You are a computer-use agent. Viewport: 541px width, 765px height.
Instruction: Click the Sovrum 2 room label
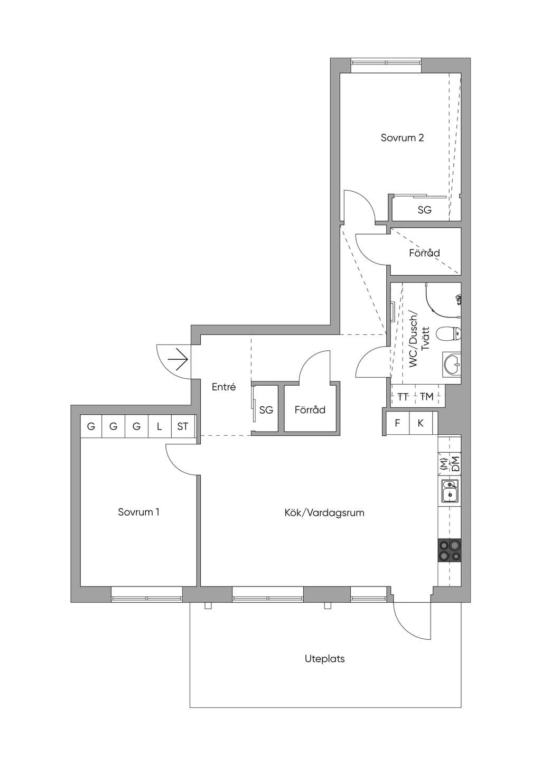[x=402, y=138]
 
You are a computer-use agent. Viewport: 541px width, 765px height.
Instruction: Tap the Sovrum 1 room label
[x=138, y=512]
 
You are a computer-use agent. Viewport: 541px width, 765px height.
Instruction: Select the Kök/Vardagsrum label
[x=324, y=512]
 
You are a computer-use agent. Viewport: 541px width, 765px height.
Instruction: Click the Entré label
[x=223, y=387]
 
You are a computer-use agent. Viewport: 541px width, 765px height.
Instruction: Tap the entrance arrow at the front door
[x=178, y=359]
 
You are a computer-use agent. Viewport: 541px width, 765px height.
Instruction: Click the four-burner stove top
[x=450, y=550]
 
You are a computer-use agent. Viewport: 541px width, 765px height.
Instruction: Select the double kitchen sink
[x=450, y=491]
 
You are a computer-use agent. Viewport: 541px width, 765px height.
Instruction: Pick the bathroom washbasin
[x=452, y=365]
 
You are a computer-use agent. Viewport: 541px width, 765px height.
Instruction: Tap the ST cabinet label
[x=182, y=426]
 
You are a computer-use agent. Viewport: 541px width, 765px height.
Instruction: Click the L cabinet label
[x=159, y=426]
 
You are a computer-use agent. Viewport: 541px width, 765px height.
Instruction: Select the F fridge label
[x=397, y=423]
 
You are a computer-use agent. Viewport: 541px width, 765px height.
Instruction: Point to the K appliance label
[x=421, y=423]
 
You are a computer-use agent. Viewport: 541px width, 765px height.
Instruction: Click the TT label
[x=403, y=397]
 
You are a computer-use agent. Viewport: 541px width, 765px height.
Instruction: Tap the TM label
[x=426, y=397]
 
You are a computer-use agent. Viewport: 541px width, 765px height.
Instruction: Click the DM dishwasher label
[x=455, y=464]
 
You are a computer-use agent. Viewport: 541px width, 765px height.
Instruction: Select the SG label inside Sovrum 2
[x=424, y=210]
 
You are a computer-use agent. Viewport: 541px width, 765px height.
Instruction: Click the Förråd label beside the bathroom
[x=424, y=253]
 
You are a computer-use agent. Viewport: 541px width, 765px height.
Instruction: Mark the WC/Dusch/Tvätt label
[x=419, y=340]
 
